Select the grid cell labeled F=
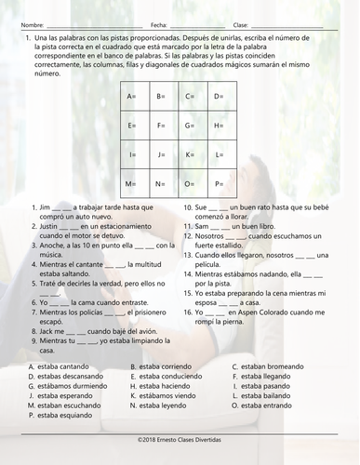(x=162, y=126)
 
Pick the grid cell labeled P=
(x=220, y=184)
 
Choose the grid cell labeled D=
(x=220, y=97)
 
